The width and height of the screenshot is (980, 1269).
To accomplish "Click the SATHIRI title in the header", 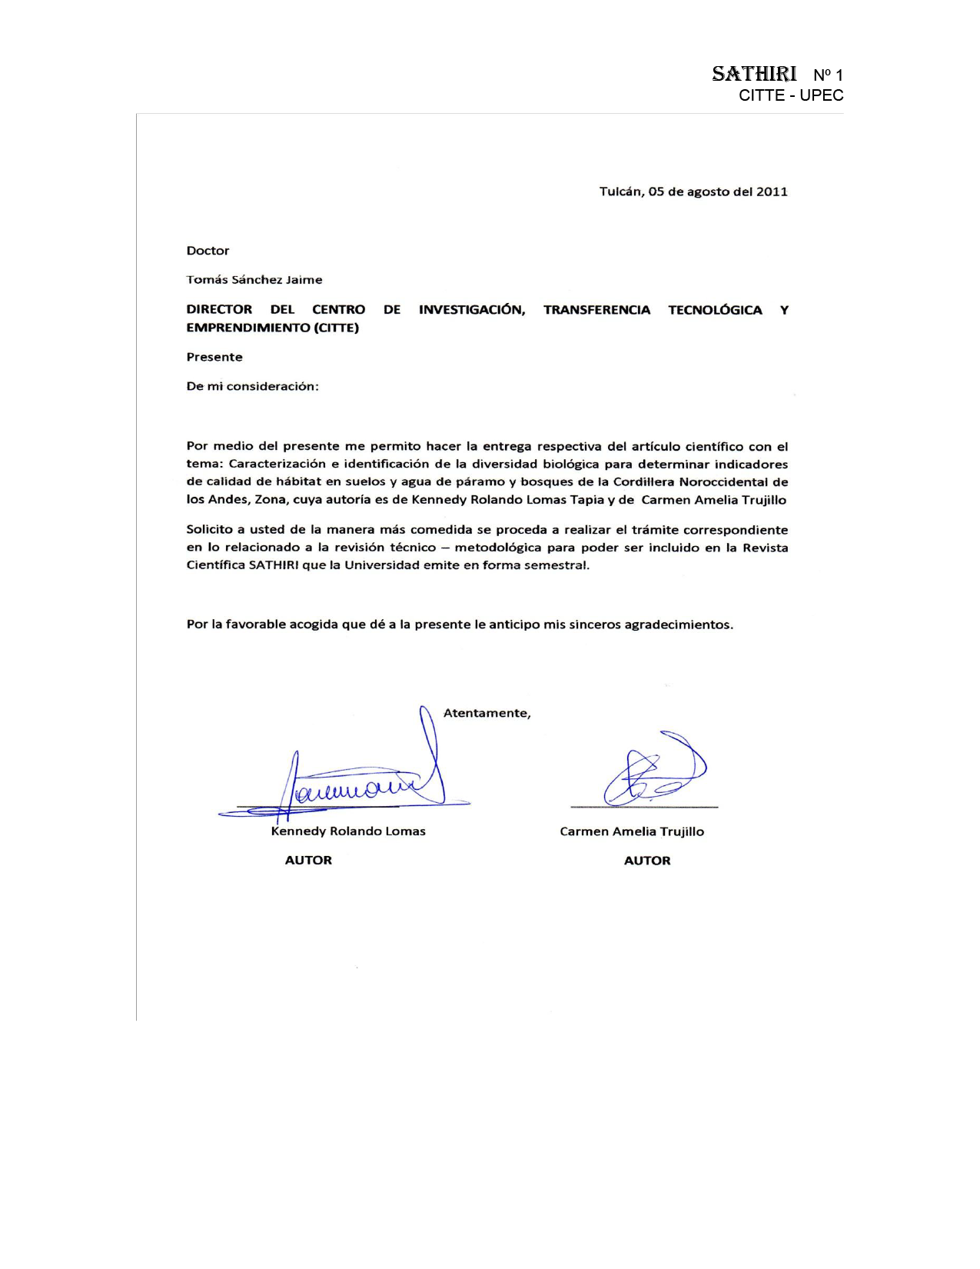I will pyautogui.click(x=754, y=74).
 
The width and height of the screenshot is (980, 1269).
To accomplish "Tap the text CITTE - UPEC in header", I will pyautogui.click(x=791, y=95).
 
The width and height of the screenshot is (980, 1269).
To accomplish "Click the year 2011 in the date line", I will pyautogui.click(x=772, y=192).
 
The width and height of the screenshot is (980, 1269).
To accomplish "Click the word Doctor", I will pyautogui.click(x=208, y=251).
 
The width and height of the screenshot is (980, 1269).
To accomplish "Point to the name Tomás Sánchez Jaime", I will pyautogui.click(x=254, y=280).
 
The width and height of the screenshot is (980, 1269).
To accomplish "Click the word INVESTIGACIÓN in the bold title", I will pyautogui.click(x=472, y=310).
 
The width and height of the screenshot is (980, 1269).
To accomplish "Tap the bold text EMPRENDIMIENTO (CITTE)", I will pyautogui.click(x=273, y=328).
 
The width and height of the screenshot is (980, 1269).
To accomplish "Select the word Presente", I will pyautogui.click(x=214, y=357).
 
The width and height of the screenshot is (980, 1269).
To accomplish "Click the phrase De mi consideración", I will pyautogui.click(x=252, y=386).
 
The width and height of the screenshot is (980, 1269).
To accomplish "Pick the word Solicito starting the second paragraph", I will pyautogui.click(x=209, y=530).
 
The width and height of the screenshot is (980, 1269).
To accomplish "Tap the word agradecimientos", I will pyautogui.click(x=678, y=625).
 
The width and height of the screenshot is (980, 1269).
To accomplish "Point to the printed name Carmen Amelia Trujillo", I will pyautogui.click(x=632, y=831).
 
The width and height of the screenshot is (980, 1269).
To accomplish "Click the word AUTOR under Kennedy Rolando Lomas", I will pyautogui.click(x=308, y=861).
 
